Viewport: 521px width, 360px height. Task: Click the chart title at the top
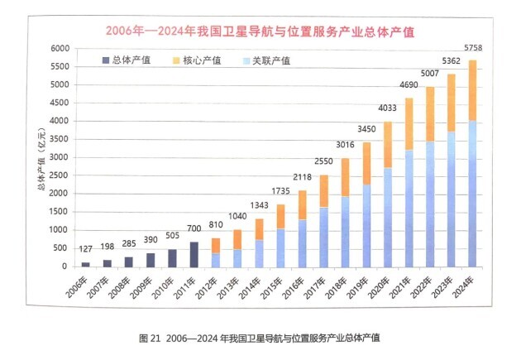point(260,31)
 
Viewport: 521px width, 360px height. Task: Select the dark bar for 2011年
point(194,254)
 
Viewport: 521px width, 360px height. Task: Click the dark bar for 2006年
point(85,264)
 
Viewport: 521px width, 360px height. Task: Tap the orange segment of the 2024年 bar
point(472,91)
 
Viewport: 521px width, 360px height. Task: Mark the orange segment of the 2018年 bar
point(343,177)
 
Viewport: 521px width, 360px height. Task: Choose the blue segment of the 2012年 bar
point(215,260)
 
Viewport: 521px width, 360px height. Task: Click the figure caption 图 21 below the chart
point(260,338)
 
